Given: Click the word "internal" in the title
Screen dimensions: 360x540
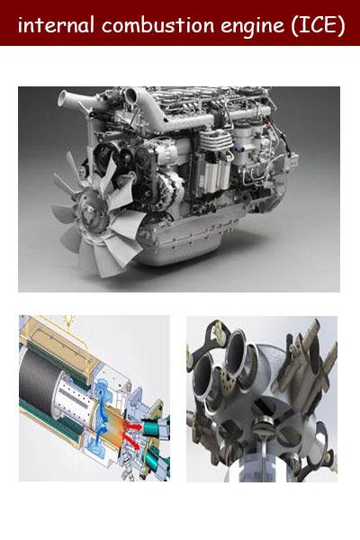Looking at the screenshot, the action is tap(56, 25).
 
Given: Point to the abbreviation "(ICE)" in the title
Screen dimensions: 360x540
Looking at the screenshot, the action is tap(318, 26).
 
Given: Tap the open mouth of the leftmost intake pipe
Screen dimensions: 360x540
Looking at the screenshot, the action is tap(63, 99).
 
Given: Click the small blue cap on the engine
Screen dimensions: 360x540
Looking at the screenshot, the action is tap(242, 149).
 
